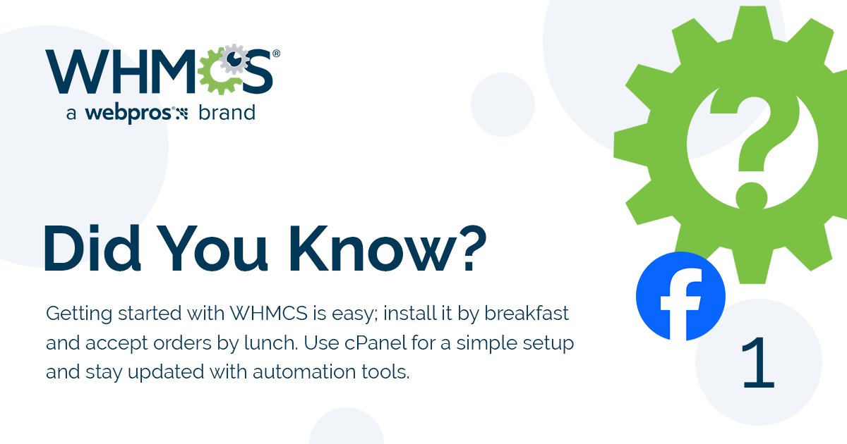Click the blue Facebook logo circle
tap(680, 296)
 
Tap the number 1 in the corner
tap(759, 364)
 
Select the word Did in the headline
tap(91, 249)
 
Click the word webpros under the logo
tap(128, 113)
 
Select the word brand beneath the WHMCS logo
tap(227, 113)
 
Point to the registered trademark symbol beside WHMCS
tap(276, 54)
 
